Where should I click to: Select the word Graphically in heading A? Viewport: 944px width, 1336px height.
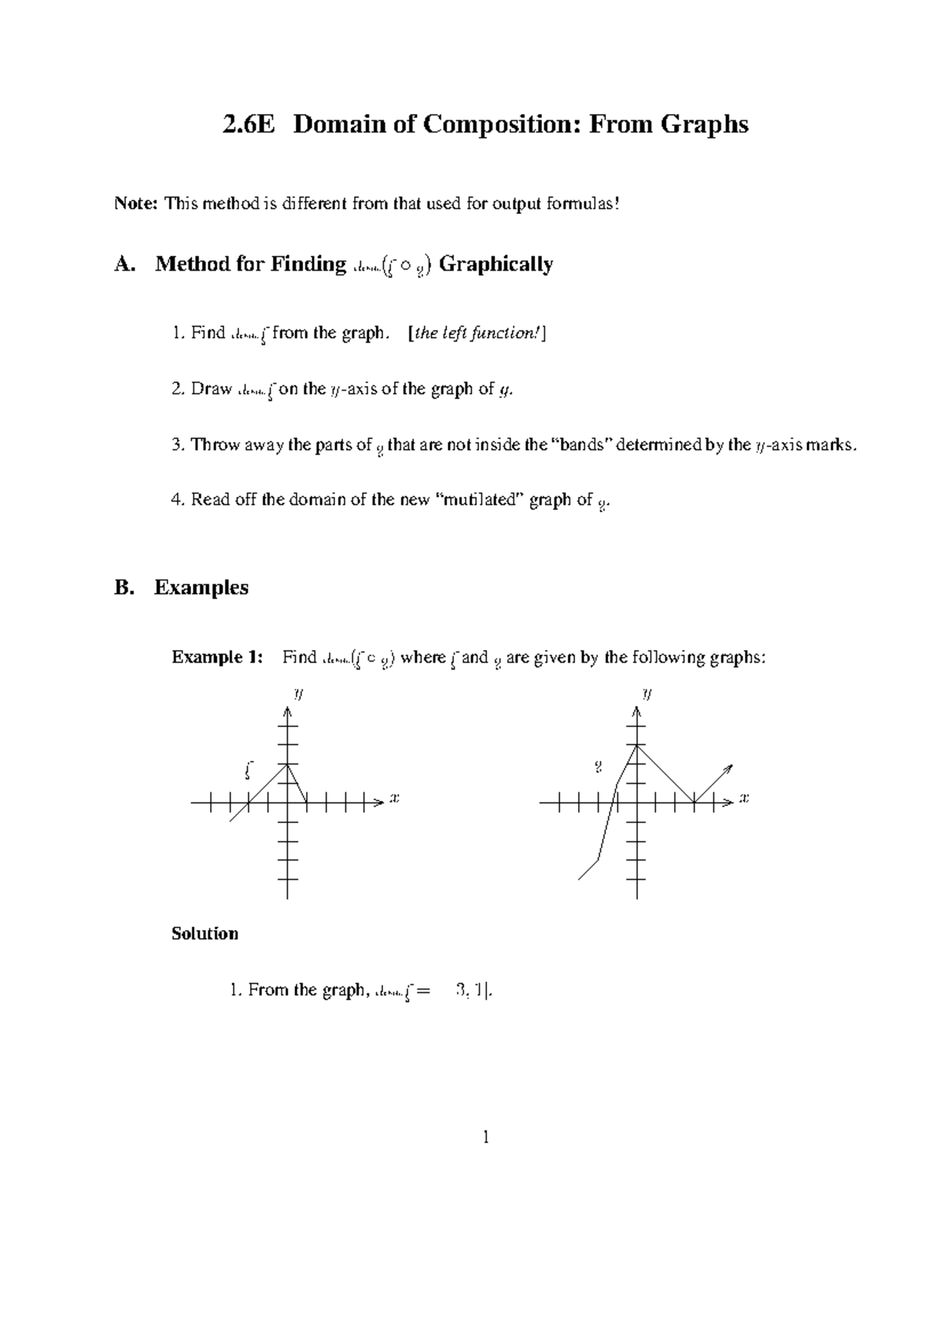tap(496, 264)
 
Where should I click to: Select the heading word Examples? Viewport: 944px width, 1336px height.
tap(201, 588)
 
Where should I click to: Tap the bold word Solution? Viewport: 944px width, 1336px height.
tap(205, 934)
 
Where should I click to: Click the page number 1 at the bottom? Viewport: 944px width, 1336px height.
tap(486, 1136)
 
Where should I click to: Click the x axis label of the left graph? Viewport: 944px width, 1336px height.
tap(395, 799)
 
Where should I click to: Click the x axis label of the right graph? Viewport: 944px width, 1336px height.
tap(744, 799)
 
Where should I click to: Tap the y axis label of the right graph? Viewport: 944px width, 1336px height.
tap(647, 694)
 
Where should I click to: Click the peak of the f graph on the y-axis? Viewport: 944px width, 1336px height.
tap(288, 764)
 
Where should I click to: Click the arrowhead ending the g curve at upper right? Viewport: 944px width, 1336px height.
tap(728, 768)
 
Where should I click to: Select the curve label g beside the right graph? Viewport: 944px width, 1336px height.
tap(599, 765)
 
